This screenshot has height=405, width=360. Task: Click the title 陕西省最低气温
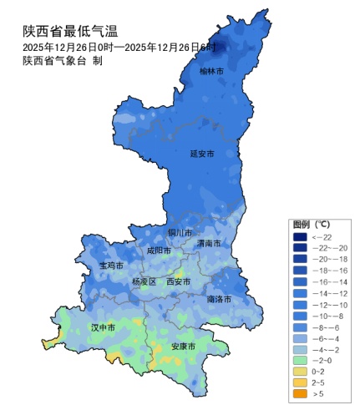point(70,31)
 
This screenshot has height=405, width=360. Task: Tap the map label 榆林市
point(211,72)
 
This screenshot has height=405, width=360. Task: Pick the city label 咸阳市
point(159,250)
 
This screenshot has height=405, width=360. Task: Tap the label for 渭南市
point(209,243)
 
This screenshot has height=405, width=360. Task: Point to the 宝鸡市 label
point(111,265)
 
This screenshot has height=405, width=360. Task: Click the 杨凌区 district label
point(144,282)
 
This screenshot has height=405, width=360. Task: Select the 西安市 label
point(179,282)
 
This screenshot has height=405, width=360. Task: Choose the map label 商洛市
point(219,298)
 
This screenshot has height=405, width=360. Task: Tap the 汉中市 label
point(104,327)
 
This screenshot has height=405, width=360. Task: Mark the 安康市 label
point(183,346)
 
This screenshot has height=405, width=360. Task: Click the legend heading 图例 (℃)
point(312,225)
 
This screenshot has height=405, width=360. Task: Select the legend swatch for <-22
point(299,237)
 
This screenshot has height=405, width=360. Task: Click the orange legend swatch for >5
point(299,393)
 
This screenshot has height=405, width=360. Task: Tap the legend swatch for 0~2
point(299,370)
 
